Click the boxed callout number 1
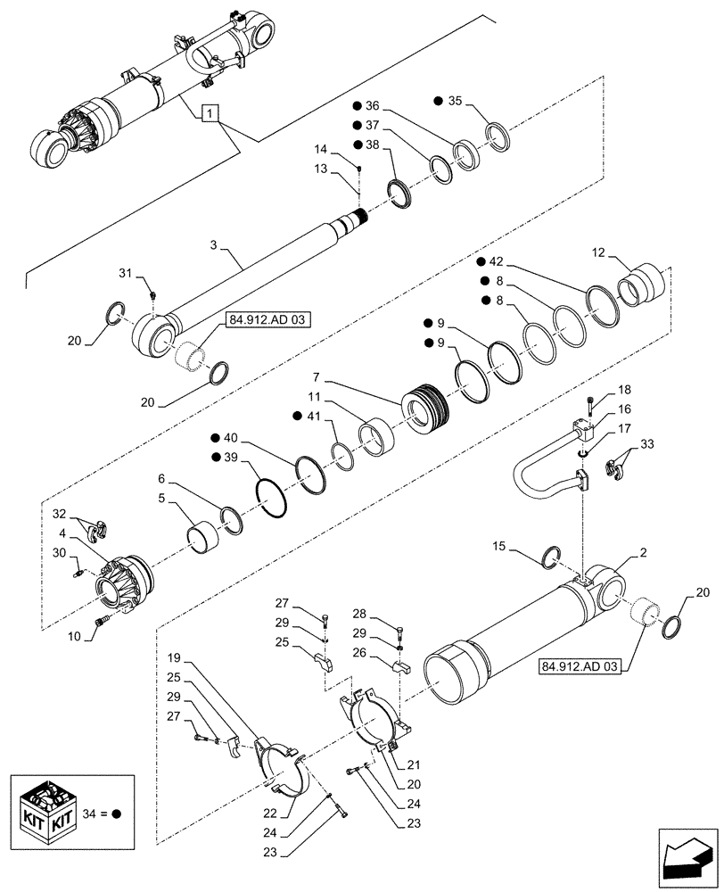tap(208, 113)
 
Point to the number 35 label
tap(455, 100)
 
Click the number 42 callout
tap(496, 261)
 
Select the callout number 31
tap(125, 273)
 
